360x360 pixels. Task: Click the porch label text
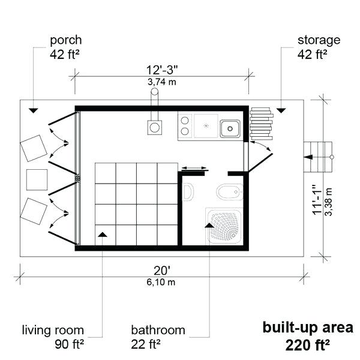click(65, 41)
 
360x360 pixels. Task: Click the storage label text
click(319, 41)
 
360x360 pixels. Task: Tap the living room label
click(53, 331)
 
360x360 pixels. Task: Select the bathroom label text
click(158, 331)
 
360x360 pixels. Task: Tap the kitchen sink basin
click(230, 128)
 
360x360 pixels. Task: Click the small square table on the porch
click(37, 179)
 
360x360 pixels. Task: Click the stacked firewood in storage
click(261, 122)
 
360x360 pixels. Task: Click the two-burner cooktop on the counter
click(185, 127)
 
